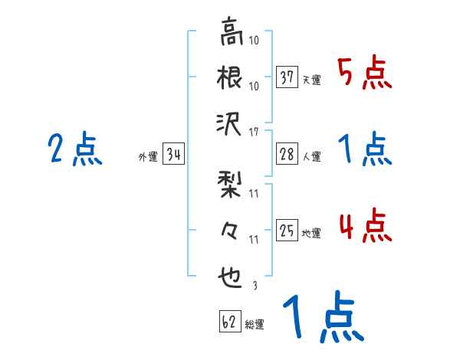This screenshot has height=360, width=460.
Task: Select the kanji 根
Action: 231,79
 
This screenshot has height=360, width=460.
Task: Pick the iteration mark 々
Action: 231,230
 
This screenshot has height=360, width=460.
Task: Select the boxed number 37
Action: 287,77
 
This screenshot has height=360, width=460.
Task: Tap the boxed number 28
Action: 287,154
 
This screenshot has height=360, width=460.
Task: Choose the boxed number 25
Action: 287,230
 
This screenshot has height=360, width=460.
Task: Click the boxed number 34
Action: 173,155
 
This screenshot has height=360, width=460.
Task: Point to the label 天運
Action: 312,80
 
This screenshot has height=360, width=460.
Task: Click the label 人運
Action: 312,156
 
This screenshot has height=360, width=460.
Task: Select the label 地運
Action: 312,232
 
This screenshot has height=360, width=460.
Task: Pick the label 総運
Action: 255,324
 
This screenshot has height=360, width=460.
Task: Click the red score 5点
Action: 365,75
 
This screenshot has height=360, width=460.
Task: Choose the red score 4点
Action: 365,227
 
